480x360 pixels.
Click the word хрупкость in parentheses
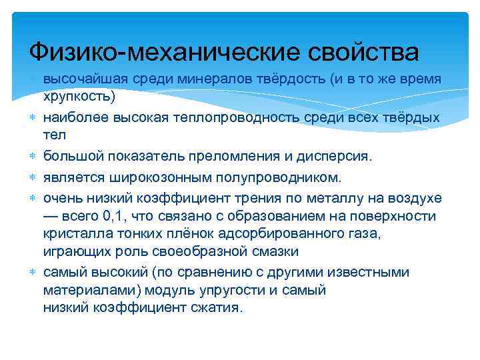(77, 95)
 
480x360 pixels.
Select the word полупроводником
(281, 177)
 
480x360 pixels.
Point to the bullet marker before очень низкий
(33, 197)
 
